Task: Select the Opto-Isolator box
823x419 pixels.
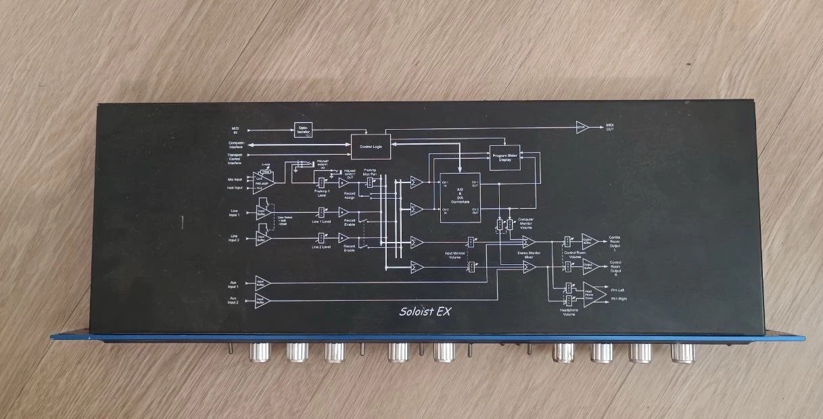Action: pyautogui.click(x=303, y=129)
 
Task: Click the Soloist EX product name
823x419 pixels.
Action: pyautogui.click(x=425, y=312)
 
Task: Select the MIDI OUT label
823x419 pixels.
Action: pyautogui.click(x=610, y=128)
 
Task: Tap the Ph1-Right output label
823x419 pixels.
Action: pyautogui.click(x=617, y=299)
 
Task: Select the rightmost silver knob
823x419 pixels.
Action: pyautogui.click(x=682, y=353)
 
